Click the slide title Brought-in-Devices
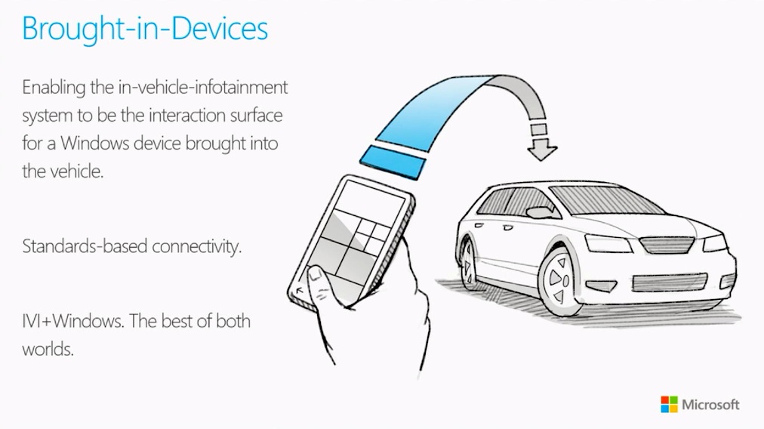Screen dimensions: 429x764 pos(145,29)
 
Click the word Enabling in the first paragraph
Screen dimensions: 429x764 pos(54,88)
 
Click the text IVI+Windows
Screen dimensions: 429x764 pos(72,321)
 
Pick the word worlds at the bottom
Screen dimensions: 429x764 pos(48,350)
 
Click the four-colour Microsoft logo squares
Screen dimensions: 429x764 pos(669,404)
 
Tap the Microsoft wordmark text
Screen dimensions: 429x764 pos(710,404)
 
